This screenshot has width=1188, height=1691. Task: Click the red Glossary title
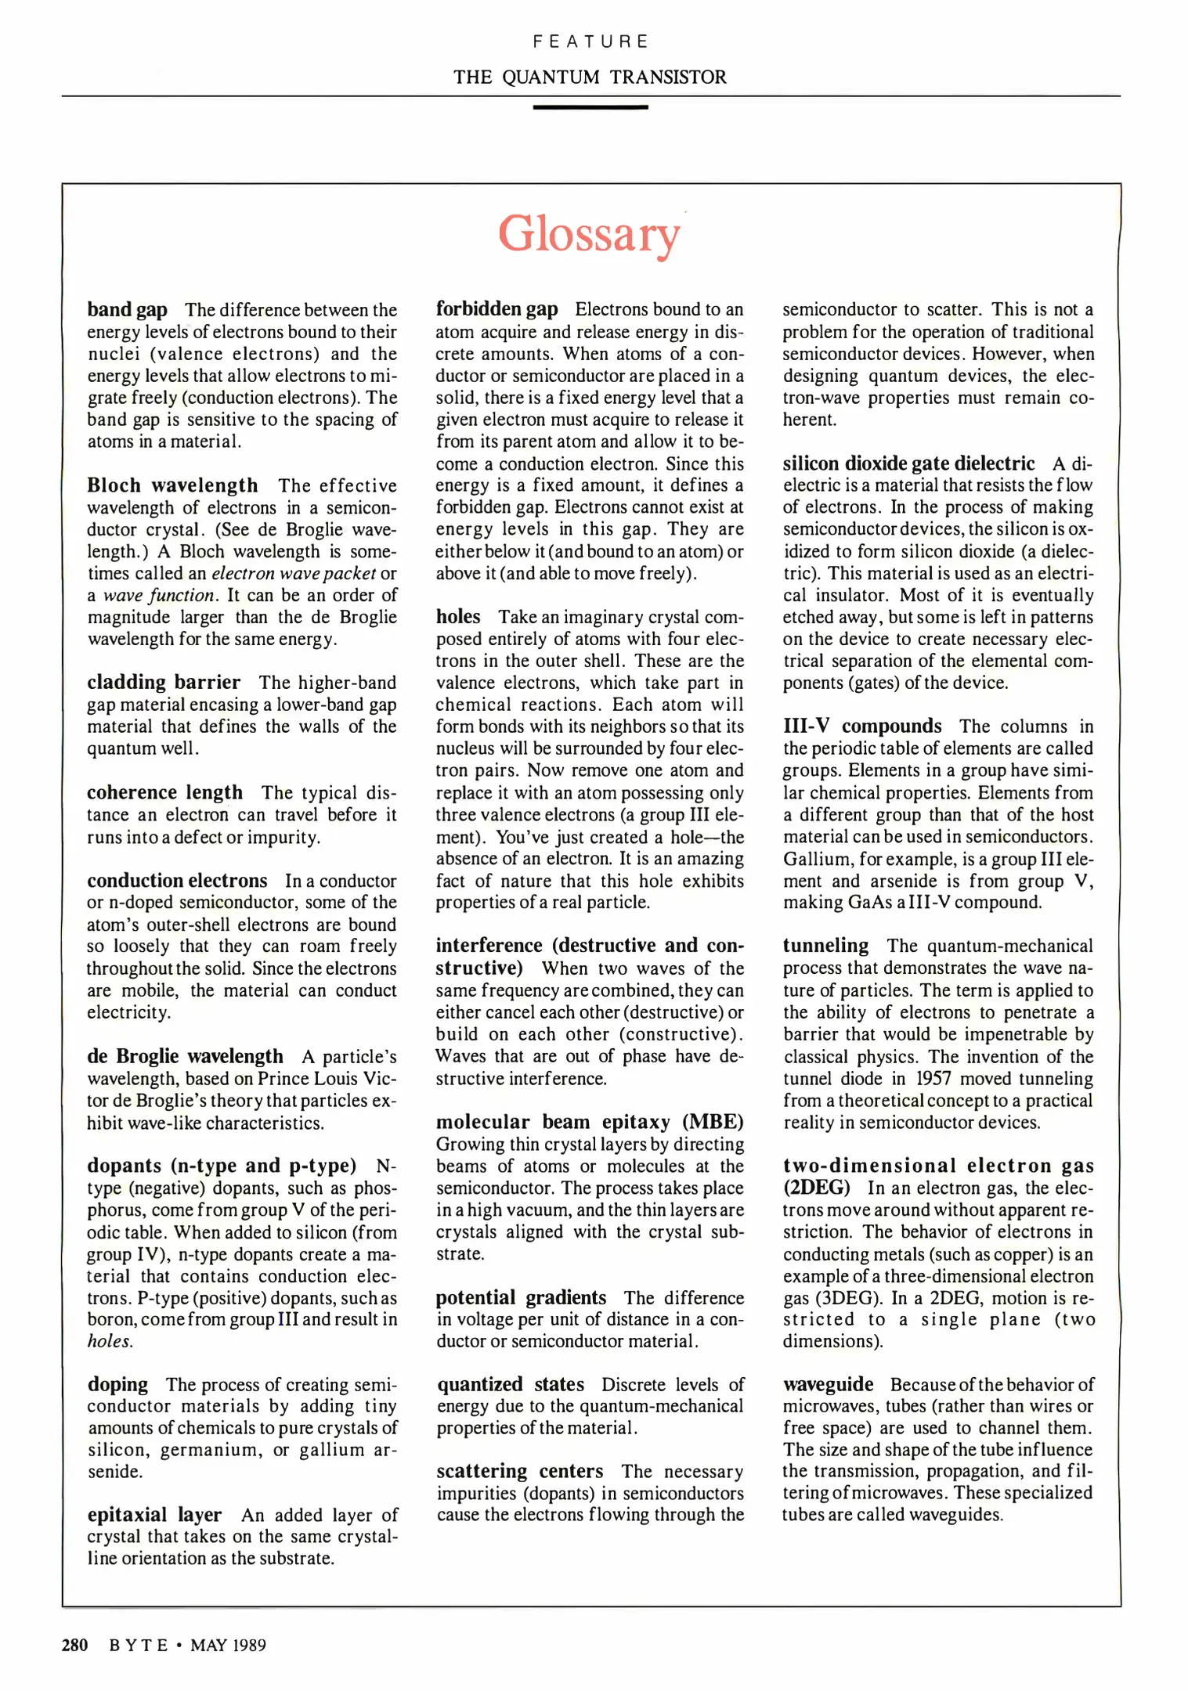coord(589,234)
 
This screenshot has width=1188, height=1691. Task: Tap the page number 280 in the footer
coord(74,1645)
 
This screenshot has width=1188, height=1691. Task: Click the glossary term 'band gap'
coord(127,309)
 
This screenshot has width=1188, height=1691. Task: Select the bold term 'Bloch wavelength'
coord(172,485)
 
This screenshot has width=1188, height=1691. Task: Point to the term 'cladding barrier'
coord(164,682)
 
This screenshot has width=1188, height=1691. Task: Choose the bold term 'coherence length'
coord(164,792)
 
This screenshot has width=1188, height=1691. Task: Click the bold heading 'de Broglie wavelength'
coord(185,1056)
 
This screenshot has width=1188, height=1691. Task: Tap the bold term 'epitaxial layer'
coord(154,1514)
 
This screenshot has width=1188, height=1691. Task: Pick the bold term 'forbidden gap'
coord(497,308)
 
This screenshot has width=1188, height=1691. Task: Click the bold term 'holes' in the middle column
coord(458,616)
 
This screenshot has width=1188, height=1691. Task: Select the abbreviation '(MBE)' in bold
coord(713,1122)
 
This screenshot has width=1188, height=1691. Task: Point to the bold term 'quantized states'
coord(511,1384)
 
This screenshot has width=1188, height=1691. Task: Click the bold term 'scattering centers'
coord(520,1471)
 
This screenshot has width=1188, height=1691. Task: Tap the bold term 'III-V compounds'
coord(862,726)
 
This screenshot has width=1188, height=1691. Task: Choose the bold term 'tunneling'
coord(825,946)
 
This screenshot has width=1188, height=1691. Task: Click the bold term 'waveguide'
coord(828,1384)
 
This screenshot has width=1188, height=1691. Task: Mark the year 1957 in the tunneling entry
coord(933,1078)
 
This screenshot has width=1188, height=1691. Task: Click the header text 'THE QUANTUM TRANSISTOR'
coord(590,77)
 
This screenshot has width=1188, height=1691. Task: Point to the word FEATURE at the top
coord(590,41)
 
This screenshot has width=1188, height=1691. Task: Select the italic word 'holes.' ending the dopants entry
coord(110,1341)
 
